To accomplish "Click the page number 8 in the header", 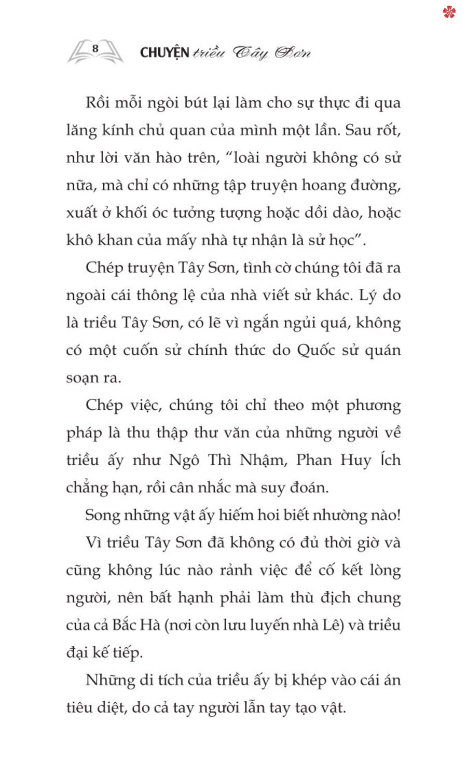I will click(95, 48).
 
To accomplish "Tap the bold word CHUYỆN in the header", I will click(164, 52).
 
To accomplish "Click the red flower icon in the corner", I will click(449, 12).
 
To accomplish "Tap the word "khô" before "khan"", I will click(78, 240).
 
